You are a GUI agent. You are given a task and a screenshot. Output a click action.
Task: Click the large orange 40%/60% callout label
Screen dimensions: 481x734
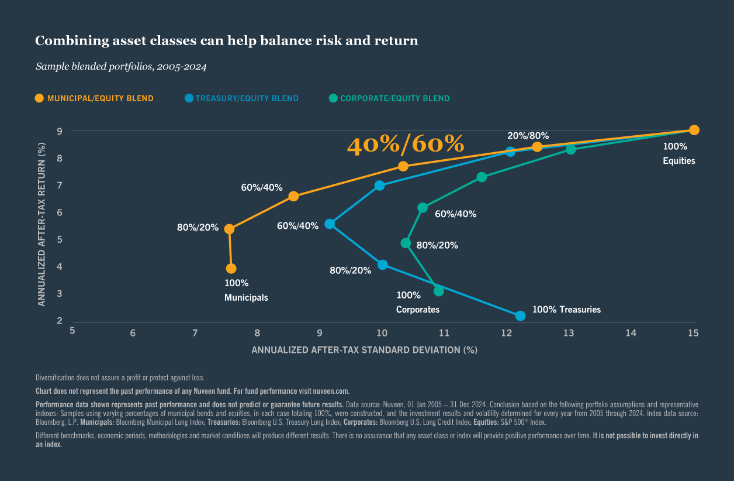click(406, 145)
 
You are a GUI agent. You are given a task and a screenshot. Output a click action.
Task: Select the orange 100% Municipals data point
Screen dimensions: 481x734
click(231, 269)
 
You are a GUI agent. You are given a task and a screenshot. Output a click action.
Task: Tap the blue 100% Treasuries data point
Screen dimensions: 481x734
click(520, 316)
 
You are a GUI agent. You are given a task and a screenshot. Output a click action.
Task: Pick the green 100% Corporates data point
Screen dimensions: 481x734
click(439, 291)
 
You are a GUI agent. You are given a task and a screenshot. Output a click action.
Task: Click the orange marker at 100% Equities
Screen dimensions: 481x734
click(694, 130)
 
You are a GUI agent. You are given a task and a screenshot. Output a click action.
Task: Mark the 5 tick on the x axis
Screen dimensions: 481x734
click(72, 331)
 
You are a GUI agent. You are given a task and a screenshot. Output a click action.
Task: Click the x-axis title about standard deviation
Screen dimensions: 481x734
click(364, 350)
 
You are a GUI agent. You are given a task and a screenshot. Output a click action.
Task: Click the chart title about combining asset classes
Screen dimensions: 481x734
click(227, 41)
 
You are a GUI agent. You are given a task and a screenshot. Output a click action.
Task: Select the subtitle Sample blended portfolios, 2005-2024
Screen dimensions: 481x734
click(121, 67)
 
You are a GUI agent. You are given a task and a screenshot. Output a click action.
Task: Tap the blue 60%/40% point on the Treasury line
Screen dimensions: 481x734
click(330, 224)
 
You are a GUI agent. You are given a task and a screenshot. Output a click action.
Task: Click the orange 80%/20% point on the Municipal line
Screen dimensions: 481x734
click(229, 229)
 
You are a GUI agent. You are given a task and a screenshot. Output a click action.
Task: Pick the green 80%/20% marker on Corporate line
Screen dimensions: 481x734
click(406, 243)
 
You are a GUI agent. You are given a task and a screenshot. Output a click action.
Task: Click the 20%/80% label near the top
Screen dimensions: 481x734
click(528, 135)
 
